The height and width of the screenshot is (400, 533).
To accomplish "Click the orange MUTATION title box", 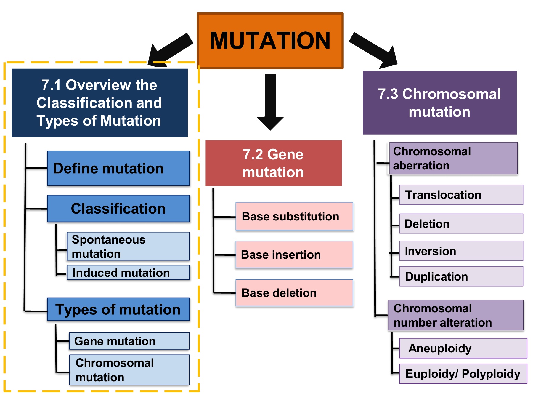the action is point(270,41).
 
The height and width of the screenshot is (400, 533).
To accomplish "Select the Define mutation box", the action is point(118,168).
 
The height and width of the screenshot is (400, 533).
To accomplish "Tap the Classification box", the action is point(118,209).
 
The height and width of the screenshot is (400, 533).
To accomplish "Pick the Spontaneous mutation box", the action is point(128,246).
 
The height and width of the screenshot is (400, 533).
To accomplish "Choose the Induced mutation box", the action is point(128,273).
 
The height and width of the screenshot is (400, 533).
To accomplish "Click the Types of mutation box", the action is point(118,309).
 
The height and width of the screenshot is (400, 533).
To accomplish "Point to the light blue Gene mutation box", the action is point(129,341).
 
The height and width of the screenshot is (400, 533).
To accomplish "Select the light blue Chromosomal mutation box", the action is point(129,370).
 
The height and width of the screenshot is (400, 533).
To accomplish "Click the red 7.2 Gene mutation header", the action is point(273,163).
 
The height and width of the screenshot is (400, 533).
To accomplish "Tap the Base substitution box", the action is point(294,216).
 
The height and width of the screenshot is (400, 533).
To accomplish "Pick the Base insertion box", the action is point(294,255).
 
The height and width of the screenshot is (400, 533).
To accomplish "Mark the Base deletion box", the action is point(294,293).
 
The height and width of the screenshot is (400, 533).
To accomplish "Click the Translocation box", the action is point(461,195).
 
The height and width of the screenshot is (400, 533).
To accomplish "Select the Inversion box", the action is point(461,251).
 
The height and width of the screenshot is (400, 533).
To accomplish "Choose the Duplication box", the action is point(461,276).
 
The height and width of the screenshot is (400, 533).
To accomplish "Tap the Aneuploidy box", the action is point(463,348).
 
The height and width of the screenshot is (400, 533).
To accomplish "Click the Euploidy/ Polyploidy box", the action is point(463,374).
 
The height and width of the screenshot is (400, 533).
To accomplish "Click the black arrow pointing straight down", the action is point(270,102).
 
